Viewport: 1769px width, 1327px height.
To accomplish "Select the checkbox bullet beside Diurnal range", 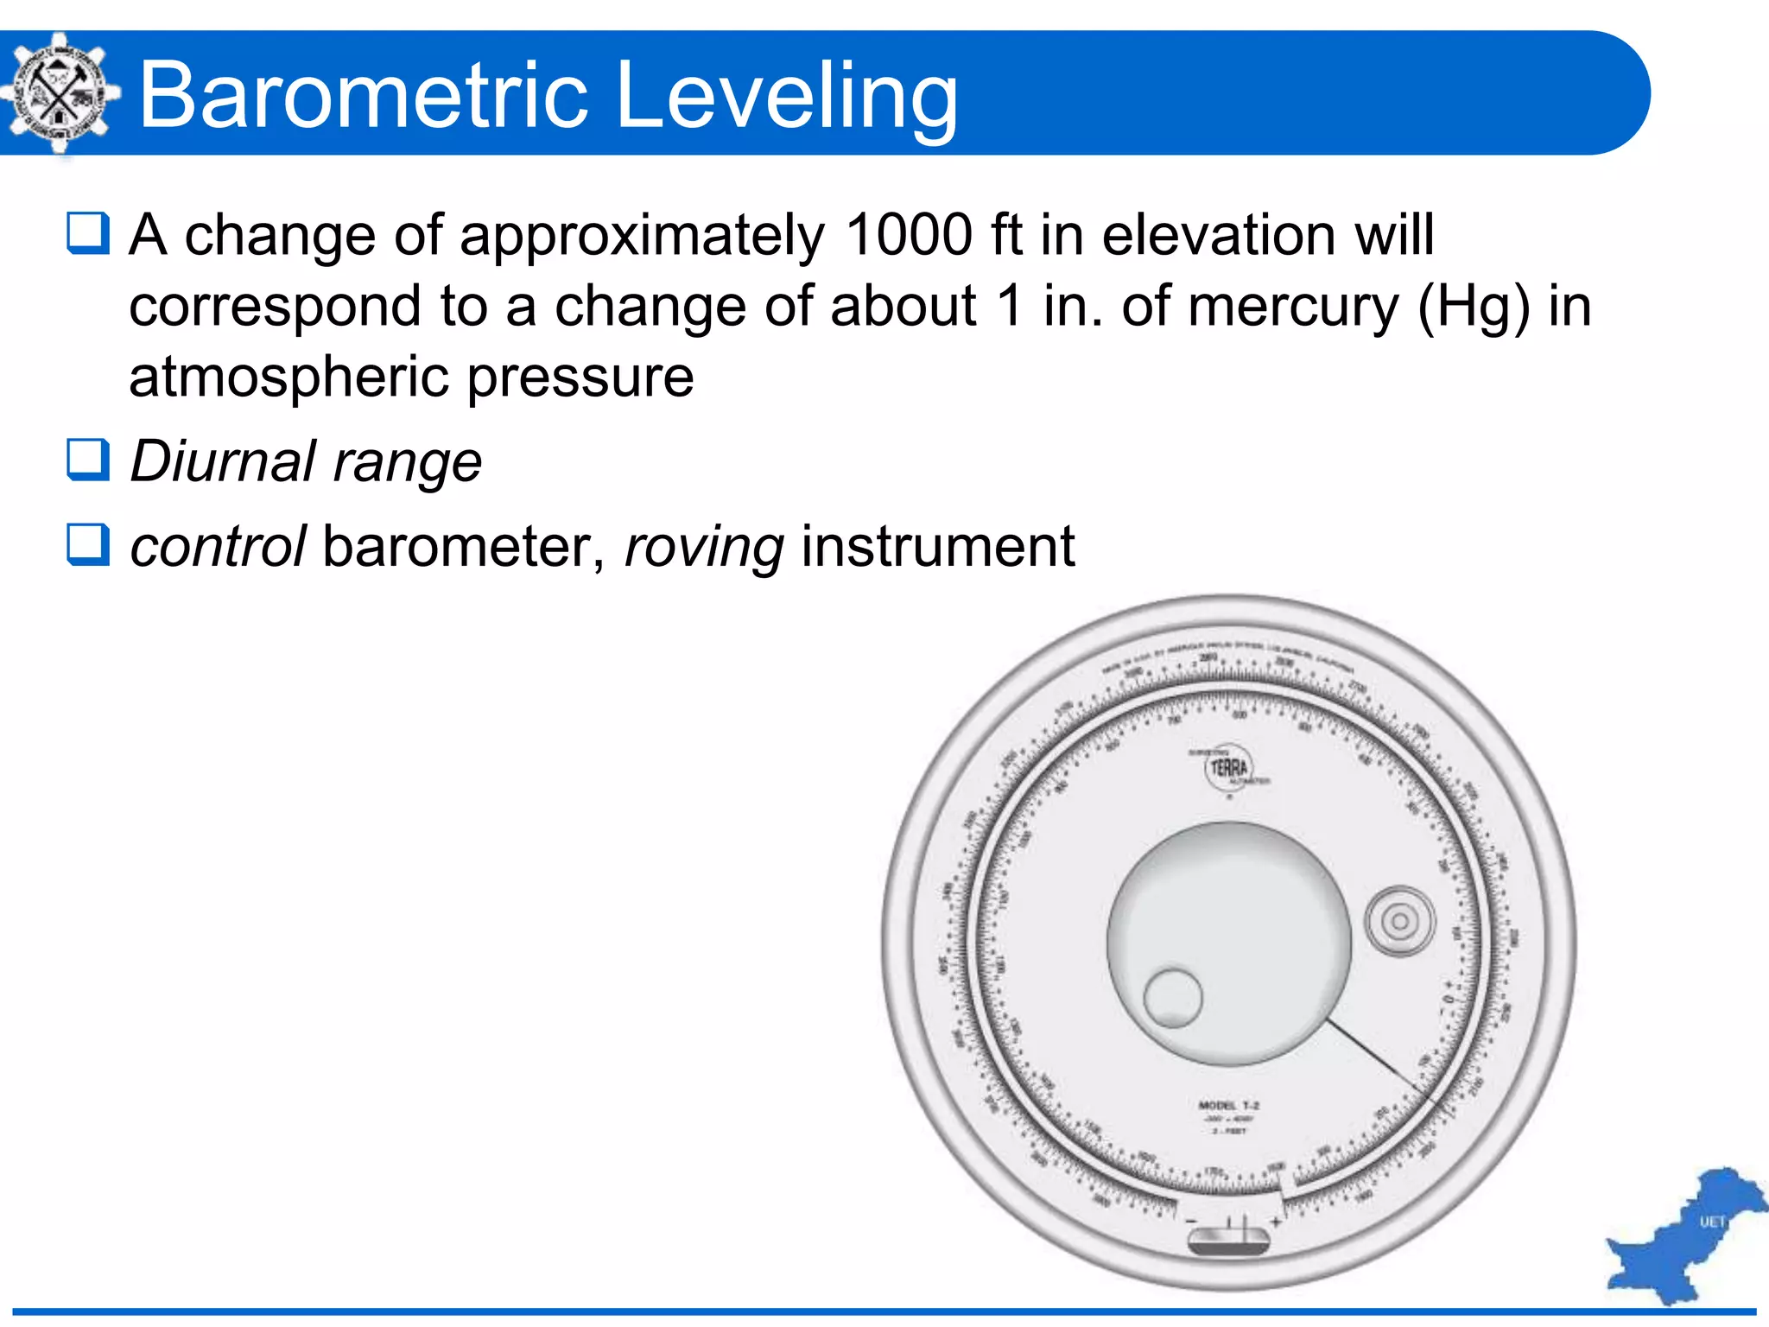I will click(x=88, y=459).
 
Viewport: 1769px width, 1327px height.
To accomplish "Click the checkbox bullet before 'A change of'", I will click(x=88, y=233).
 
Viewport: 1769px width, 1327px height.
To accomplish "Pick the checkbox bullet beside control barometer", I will click(x=88, y=544).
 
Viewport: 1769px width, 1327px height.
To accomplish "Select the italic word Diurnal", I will click(x=223, y=460).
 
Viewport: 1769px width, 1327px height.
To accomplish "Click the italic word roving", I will click(x=704, y=547).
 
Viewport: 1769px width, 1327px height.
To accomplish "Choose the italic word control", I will click(x=218, y=547).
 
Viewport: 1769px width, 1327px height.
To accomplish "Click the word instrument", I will click(x=938, y=547).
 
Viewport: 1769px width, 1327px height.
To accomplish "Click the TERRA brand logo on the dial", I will click(x=1228, y=767).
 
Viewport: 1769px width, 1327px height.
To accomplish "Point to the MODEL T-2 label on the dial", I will click(x=1228, y=1106).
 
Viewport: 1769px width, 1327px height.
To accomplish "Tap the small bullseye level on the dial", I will click(x=1399, y=921).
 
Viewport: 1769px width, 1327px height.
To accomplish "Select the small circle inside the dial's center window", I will click(x=1172, y=997).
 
